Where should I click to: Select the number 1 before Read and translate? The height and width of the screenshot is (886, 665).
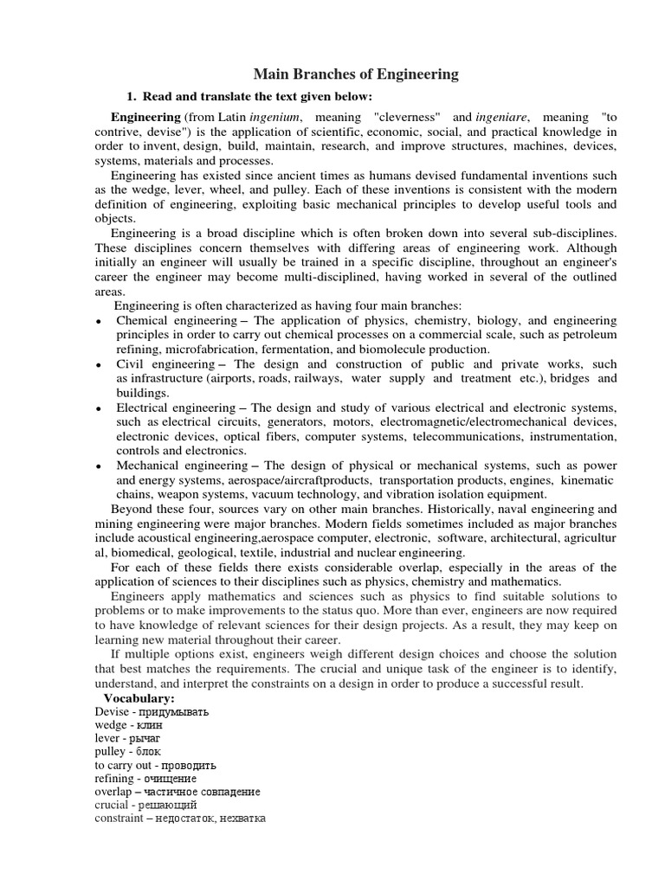point(131,95)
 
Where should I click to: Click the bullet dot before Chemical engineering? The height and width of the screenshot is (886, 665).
point(100,322)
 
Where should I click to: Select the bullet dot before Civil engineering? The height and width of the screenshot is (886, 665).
point(100,366)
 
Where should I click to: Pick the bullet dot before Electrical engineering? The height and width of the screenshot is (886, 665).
point(100,409)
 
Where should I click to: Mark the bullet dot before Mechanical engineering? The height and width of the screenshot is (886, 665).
point(100,466)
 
